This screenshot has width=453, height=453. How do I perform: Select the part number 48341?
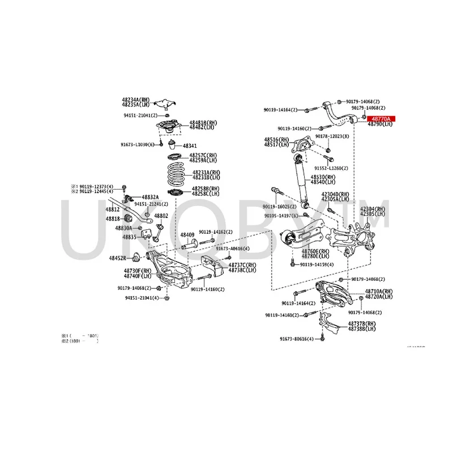click(190, 146)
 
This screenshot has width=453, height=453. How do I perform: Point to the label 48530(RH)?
click(322, 177)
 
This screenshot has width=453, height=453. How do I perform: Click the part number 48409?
click(187, 234)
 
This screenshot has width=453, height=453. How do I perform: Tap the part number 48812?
click(112, 209)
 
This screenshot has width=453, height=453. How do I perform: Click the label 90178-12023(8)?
click(332, 137)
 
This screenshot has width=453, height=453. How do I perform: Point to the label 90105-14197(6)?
click(284, 215)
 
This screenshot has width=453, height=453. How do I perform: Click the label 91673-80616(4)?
click(296, 339)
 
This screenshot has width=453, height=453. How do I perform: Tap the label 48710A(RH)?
click(378, 290)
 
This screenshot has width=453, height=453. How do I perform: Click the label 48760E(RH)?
click(315, 250)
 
